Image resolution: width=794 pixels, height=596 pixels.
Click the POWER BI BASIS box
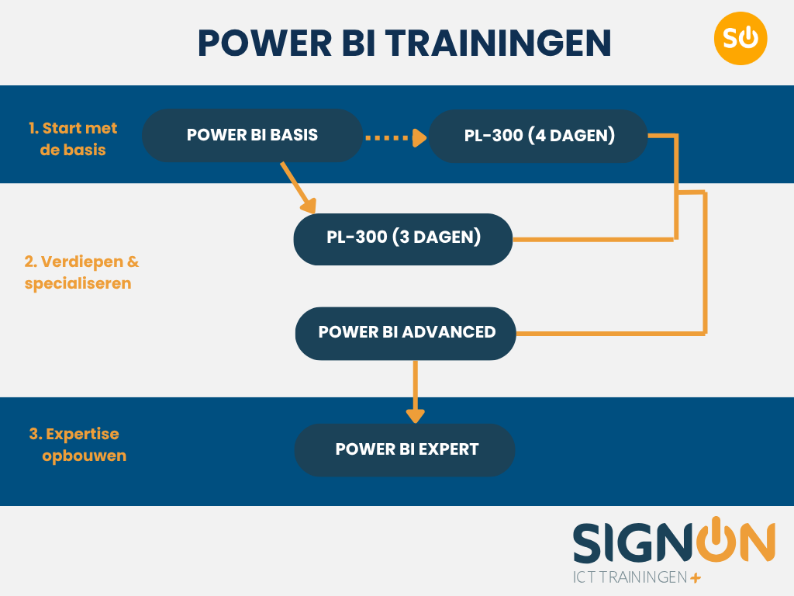[252, 135]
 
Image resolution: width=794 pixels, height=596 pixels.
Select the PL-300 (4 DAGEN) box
[539, 136]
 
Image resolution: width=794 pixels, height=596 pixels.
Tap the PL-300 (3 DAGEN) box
[403, 238]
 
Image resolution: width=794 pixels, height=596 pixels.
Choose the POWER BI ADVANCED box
[406, 333]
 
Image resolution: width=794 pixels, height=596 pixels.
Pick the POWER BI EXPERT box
[405, 449]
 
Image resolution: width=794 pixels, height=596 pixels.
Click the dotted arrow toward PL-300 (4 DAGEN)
[395, 138]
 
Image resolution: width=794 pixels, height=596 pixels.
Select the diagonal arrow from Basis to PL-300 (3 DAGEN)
[299, 188]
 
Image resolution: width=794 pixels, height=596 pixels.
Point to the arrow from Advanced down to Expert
[416, 392]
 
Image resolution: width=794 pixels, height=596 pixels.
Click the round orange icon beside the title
[740, 38]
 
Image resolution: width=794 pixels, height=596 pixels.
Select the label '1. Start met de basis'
[73, 139]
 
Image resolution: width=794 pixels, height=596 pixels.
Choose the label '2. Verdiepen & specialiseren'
[81, 272]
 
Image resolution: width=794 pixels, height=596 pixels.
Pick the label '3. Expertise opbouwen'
[78, 445]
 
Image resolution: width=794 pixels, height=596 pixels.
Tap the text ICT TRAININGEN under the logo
[629, 578]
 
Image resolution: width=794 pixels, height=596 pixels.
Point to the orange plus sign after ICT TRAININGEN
[695, 578]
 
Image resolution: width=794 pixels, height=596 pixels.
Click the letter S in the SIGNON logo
[590, 543]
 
